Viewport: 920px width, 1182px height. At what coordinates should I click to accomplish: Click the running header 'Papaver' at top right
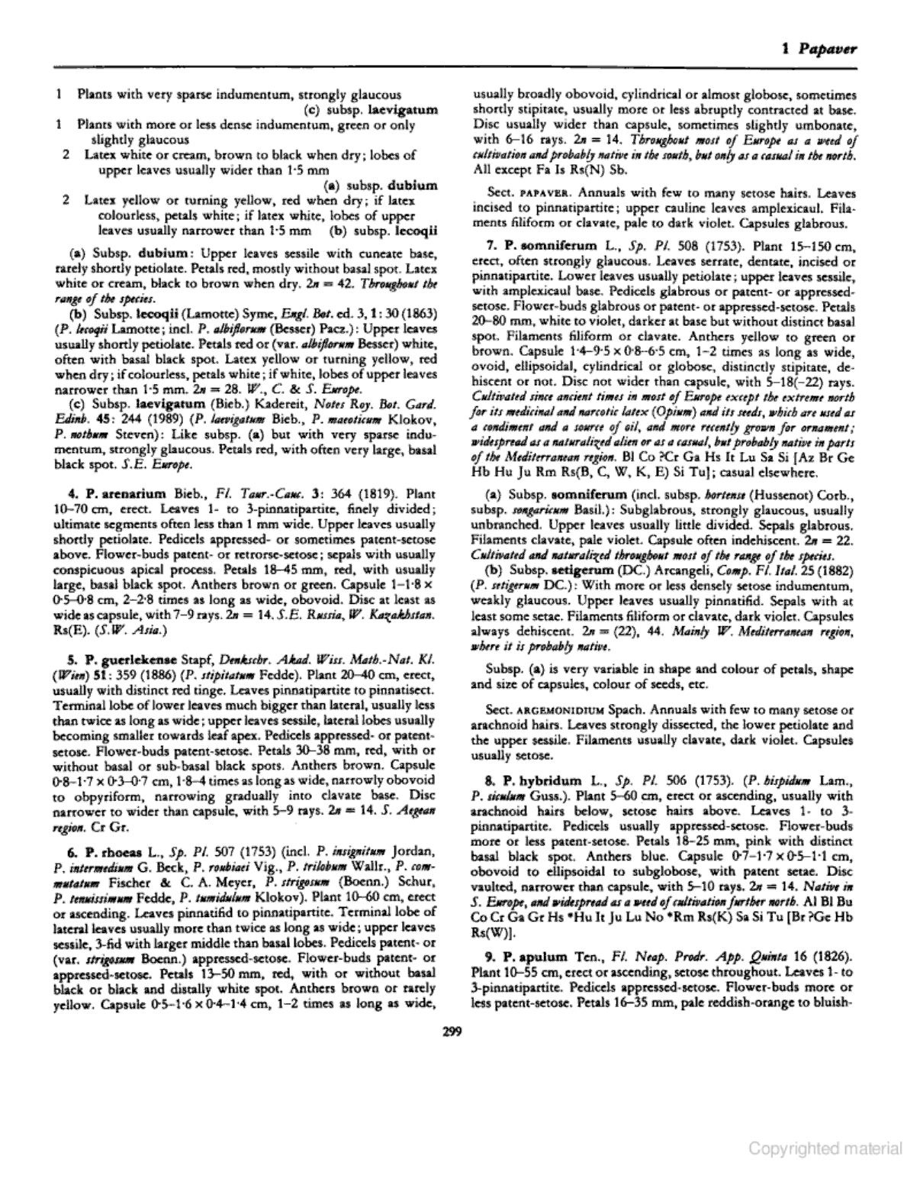[828, 50]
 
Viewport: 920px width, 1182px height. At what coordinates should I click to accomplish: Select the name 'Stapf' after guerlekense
[191, 637]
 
